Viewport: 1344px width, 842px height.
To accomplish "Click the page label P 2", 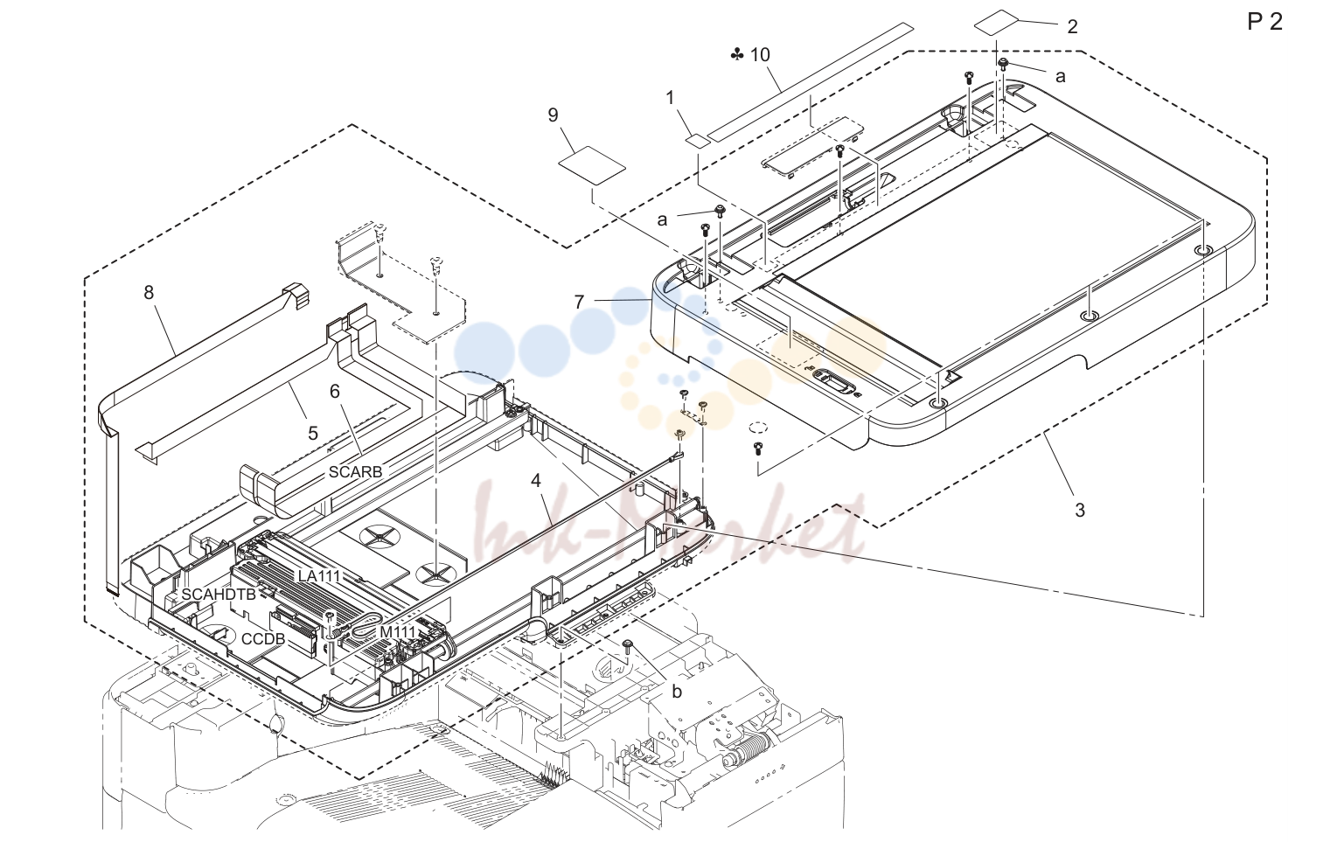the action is click(x=1264, y=22).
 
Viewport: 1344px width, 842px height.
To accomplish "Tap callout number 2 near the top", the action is click(x=1072, y=26).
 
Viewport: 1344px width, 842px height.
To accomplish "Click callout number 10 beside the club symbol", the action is click(x=760, y=54).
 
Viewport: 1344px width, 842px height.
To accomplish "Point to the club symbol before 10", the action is click(x=737, y=54).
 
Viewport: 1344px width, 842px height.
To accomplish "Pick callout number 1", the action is click(x=670, y=97).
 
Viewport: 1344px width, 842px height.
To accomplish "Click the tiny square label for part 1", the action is click(x=697, y=140).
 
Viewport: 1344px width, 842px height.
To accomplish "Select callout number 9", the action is click(x=553, y=115).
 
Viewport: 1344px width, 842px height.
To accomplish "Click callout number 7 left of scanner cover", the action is click(x=579, y=302).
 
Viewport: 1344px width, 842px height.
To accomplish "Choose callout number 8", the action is click(x=148, y=292).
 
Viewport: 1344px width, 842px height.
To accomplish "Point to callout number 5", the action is click(x=312, y=434).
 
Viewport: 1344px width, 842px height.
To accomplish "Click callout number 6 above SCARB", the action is click(x=335, y=392).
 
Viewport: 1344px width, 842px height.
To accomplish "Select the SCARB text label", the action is click(x=355, y=472).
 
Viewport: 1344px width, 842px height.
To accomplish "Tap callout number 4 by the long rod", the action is click(x=535, y=480).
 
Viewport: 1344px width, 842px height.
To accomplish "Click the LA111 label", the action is click(x=319, y=576).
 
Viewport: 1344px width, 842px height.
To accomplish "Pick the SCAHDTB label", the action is click(x=219, y=595).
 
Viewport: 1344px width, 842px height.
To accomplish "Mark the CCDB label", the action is click(x=263, y=640).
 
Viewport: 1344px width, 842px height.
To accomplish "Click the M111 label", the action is click(x=397, y=632).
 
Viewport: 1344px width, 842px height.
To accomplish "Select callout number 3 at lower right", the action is click(x=1079, y=510).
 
